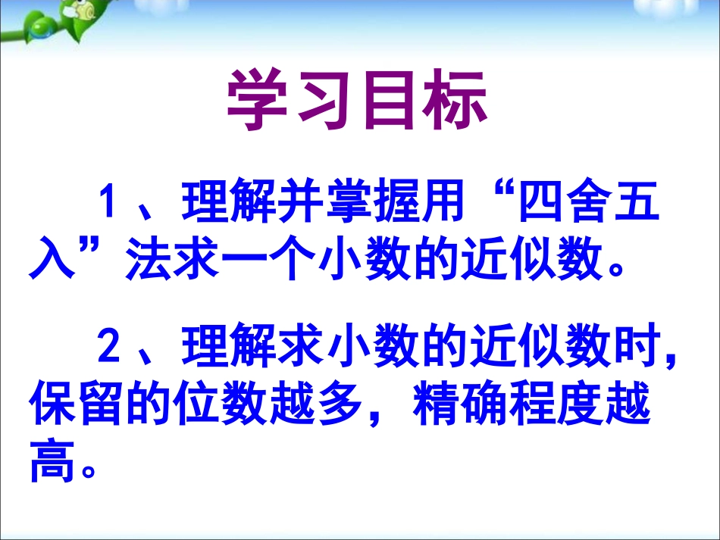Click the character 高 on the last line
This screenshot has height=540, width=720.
tap(53, 464)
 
